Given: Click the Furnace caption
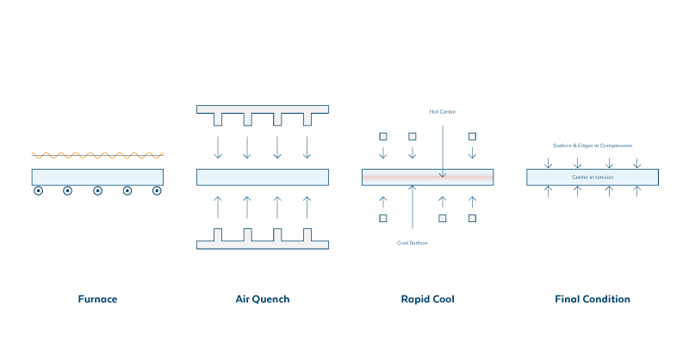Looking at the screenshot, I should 96,300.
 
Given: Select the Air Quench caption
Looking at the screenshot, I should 262,300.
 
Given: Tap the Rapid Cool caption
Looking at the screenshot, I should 427,300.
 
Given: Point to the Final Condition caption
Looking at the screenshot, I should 593,300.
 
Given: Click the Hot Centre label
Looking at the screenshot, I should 442,111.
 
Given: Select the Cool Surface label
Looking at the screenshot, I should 412,243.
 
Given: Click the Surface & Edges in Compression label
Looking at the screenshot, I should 593,146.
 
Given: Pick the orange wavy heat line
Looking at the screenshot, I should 97,155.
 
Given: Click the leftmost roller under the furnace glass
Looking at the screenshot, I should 39,191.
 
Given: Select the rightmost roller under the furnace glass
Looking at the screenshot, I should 157,191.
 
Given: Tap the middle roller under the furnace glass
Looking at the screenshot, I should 97,191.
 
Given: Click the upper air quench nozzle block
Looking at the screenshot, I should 263,109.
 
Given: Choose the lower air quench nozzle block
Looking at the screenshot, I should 263,245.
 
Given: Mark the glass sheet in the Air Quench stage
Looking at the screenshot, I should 263,177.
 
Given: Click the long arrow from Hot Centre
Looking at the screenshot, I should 442,146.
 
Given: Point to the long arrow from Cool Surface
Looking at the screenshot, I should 413,211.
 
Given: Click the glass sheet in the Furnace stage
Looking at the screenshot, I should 97,177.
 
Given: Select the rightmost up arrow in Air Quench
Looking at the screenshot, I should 307,208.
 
